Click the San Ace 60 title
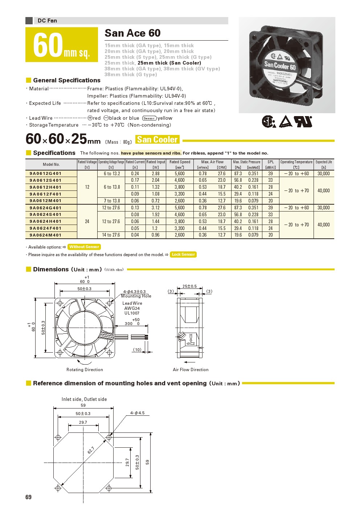tap(132, 33)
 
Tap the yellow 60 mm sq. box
tap(62, 45)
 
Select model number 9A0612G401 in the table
tap(46, 173)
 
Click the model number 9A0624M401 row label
tap(46, 235)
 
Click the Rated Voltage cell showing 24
tap(87, 221)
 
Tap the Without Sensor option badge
tap(84, 247)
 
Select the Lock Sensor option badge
tap(183, 255)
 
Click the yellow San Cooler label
tap(157, 140)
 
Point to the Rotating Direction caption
tap(85, 370)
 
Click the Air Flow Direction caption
tap(191, 370)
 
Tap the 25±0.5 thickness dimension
tap(189, 286)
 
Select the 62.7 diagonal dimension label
tap(91, 451)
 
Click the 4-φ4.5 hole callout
tap(138, 413)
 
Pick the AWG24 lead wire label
tap(132, 308)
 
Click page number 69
tap(29, 497)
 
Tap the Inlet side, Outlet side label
tap(84, 399)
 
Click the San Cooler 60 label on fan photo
tap(280, 66)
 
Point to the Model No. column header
tap(51, 164)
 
